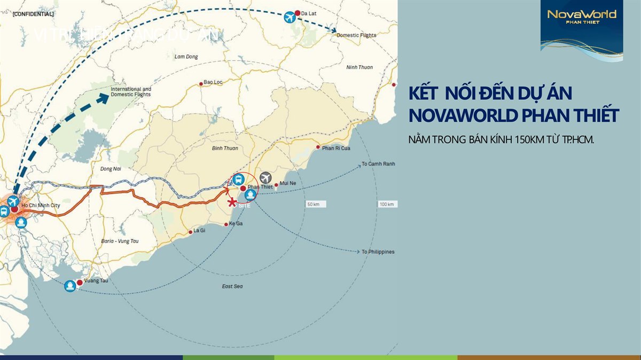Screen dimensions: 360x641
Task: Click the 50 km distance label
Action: (313, 205)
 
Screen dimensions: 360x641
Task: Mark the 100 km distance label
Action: (386, 205)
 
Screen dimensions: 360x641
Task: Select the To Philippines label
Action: (378, 252)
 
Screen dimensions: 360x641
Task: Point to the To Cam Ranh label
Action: (378, 163)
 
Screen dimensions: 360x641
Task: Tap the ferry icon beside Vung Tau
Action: (70, 286)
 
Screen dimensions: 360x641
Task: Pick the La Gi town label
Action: (199, 231)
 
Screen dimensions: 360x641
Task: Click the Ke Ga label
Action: (236, 223)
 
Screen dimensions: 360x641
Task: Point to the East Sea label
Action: (232, 287)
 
